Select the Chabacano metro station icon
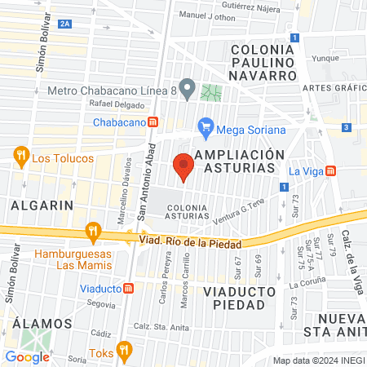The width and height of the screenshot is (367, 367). pyautogui.click(x=165, y=122)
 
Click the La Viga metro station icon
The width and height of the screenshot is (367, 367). pyautogui.click(x=330, y=170)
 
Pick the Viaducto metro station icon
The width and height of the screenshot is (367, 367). pyautogui.click(x=128, y=289)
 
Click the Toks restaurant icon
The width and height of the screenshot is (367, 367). pyautogui.click(x=124, y=352)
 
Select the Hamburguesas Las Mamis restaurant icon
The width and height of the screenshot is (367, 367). pyautogui.click(x=94, y=231)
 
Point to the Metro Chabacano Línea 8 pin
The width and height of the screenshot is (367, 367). pyautogui.click(x=188, y=88)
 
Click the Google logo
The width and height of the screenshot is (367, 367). pyautogui.click(x=27, y=356)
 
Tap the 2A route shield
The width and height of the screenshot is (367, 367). pyautogui.click(x=66, y=26)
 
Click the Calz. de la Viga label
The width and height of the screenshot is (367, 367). pyautogui.click(x=353, y=260)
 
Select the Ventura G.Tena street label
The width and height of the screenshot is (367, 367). pyautogui.click(x=239, y=215)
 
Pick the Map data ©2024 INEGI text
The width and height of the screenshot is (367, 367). pyautogui.click(x=318, y=360)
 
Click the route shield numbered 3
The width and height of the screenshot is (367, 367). pyautogui.click(x=347, y=127)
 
